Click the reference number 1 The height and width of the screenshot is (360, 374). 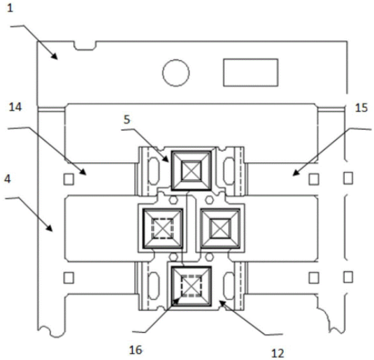[x=10, y=8]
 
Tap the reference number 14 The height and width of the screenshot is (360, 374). [x=15, y=107]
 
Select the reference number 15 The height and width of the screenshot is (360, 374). [x=361, y=108]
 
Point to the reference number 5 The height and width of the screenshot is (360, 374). [x=127, y=120]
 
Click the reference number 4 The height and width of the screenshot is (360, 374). [x=8, y=179]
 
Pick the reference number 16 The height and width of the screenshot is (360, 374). [x=136, y=350]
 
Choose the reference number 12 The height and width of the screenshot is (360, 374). [x=278, y=353]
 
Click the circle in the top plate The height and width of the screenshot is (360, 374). [x=176, y=73]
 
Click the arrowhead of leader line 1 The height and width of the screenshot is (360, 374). [x=55, y=57]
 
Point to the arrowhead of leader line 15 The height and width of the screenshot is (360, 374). [x=296, y=173]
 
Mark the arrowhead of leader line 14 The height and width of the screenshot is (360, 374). [x=83, y=172]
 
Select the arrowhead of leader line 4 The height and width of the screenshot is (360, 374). [x=50, y=229]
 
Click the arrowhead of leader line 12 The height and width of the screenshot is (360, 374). [x=222, y=303]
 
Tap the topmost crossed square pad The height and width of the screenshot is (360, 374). [x=192, y=171]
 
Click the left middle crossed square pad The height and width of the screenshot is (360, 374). [x=163, y=229]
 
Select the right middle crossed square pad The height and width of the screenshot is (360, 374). [x=220, y=229]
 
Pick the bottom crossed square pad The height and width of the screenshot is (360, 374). [x=192, y=287]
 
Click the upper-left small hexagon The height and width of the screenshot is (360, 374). [x=173, y=200]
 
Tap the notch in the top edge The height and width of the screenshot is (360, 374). [x=85, y=46]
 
